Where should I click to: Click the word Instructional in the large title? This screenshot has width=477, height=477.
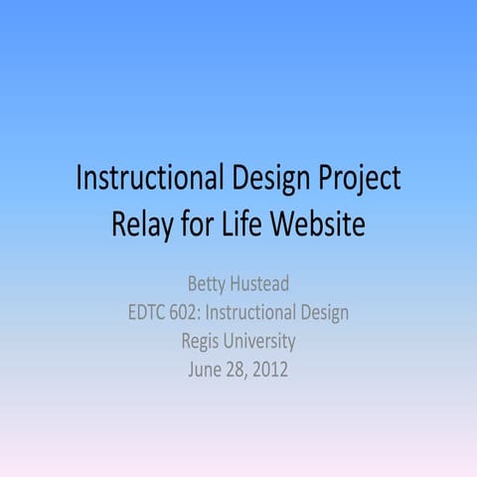point(148,180)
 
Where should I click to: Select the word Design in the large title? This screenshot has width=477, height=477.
point(269,180)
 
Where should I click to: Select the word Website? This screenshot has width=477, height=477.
point(315,225)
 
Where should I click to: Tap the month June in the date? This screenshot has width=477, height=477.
point(204,370)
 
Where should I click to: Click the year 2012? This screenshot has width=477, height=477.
point(272,370)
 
